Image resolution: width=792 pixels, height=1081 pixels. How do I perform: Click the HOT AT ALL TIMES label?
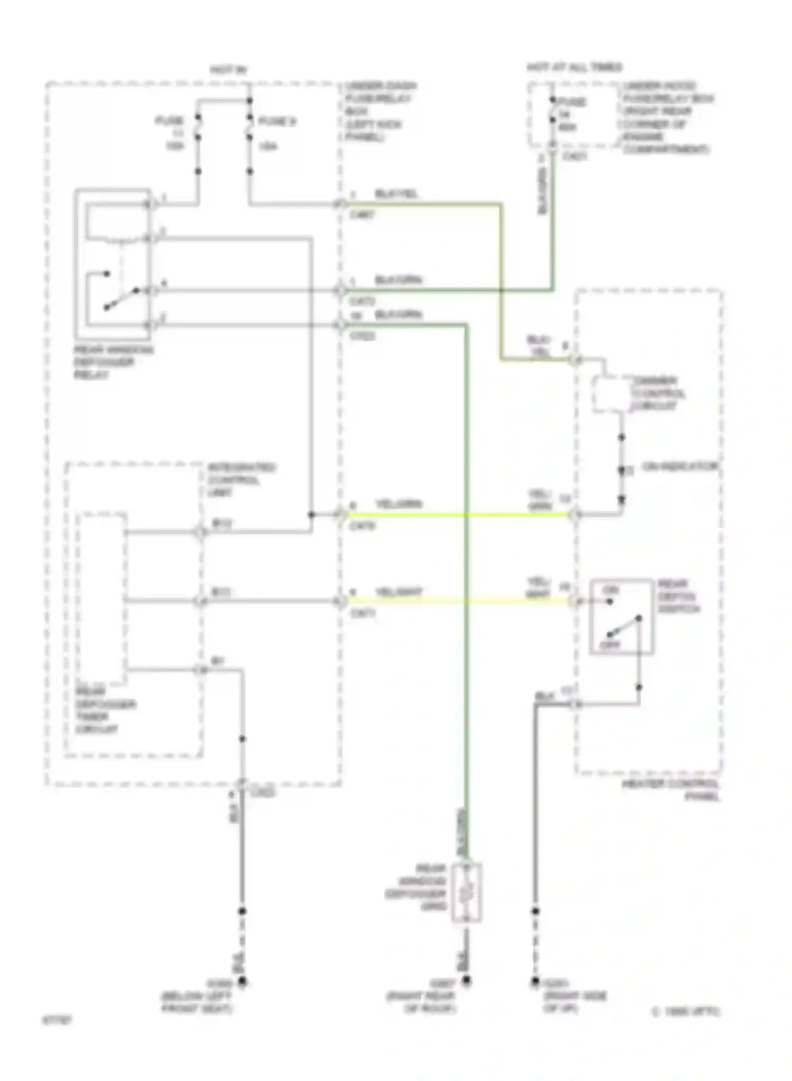[574, 68]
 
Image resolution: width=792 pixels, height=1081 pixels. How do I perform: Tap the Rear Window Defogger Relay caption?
[113, 363]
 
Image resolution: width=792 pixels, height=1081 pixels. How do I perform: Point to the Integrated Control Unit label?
[241, 480]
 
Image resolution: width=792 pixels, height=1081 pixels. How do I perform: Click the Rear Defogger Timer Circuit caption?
[106, 710]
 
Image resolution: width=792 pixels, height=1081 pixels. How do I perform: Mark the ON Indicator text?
[680, 467]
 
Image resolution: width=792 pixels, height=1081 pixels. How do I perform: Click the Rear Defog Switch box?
[621, 617]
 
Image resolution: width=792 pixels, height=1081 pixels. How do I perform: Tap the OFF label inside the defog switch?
[610, 645]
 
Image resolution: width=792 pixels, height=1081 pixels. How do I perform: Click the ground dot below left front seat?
[242, 982]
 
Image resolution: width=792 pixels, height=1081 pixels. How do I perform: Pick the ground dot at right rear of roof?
[467, 981]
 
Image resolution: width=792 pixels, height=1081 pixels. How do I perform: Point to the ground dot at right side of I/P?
[535, 982]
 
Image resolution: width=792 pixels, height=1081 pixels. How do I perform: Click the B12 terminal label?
[222, 524]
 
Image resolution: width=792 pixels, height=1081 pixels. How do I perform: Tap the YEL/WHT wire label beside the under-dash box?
[399, 592]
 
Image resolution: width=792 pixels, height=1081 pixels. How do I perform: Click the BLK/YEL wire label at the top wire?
[396, 194]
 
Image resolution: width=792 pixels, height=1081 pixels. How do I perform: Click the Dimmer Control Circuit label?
[658, 393]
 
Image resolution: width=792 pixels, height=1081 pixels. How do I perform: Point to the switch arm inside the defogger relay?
[121, 298]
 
